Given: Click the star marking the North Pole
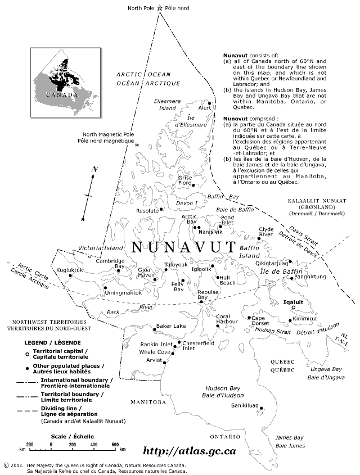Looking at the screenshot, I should point(161,8).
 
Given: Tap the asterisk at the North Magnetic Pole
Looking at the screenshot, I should point(137,146).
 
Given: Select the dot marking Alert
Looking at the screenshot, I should point(209,103).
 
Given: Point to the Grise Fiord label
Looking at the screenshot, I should point(185,180).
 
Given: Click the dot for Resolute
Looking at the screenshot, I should point(161,209).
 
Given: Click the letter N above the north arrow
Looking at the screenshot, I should point(95,169).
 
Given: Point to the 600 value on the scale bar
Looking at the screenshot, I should point(115,444).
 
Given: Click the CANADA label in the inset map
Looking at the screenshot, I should point(61,95).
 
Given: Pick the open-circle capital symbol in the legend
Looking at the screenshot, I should point(27,354).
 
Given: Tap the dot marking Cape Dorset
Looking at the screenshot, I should point(249,318).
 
